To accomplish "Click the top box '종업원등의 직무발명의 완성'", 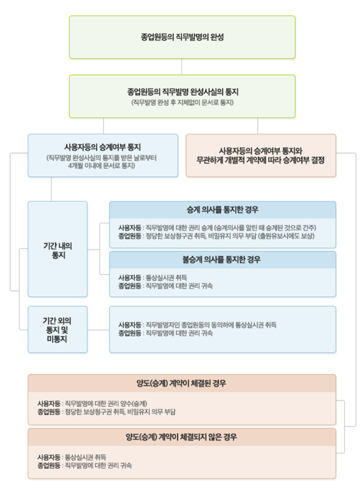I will tap(182, 37).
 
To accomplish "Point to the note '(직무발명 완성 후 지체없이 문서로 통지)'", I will tap(182, 103).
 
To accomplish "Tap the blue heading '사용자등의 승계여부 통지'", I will tap(103, 147).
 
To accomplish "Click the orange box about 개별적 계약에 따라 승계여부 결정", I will tap(261, 156).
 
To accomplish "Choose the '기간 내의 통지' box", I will tap(57, 249).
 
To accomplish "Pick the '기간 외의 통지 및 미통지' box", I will tap(57, 330).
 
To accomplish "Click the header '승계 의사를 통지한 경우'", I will tap(222, 210).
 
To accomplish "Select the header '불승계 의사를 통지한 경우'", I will tap(222, 260).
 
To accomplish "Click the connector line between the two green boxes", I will tap(182, 66).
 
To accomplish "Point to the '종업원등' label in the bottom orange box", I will tap(48, 465).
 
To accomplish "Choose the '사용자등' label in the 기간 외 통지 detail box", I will tap(130, 325).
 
